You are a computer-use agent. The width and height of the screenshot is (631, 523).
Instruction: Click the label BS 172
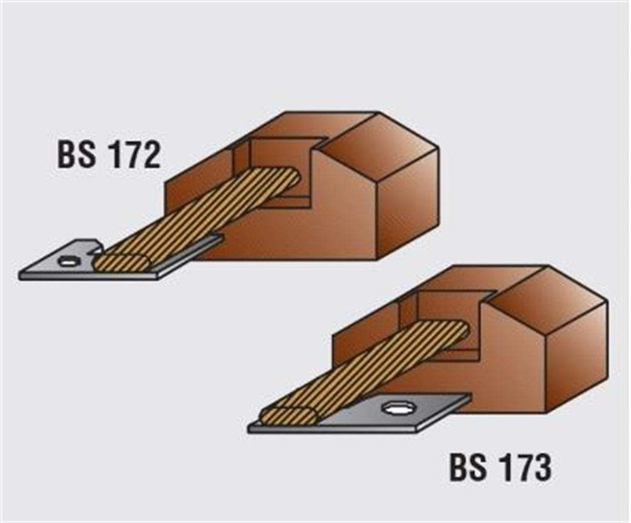(109, 154)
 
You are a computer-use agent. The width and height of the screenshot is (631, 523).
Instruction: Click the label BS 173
(500, 468)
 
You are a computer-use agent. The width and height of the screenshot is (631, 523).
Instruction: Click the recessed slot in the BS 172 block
(278, 169)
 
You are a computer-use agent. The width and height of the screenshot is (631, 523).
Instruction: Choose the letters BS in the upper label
(77, 154)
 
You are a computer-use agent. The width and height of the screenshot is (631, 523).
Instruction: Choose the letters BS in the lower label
(468, 468)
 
